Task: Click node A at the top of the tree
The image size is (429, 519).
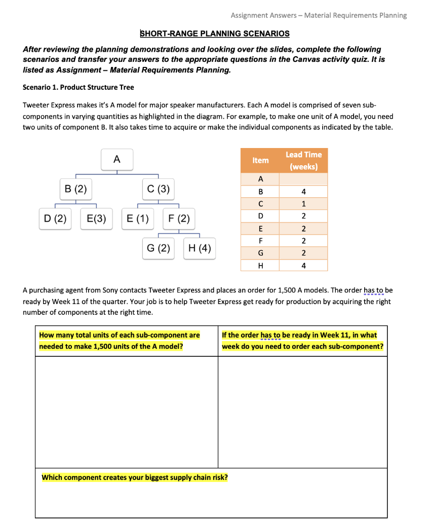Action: pos(116,159)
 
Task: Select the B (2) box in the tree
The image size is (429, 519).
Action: pos(76,190)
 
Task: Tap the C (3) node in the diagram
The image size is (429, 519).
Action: pos(159,190)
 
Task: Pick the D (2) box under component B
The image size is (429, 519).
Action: pos(55,219)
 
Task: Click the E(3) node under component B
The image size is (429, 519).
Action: pos(96,219)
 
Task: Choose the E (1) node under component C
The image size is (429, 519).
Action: pos(138,219)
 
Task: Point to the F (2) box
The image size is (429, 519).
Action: pos(179,219)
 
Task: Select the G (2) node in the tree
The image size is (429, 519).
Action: pos(159,248)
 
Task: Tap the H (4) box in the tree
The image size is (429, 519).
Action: pos(200,248)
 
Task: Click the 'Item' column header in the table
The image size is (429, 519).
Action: pos(260,160)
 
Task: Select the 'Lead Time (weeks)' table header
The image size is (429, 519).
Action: pos(303,160)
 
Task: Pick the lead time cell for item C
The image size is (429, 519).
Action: pos(303,204)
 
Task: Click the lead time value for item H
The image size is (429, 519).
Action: pos(303,265)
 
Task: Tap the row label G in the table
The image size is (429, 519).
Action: pos(260,253)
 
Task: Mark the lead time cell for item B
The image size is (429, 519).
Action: pos(303,192)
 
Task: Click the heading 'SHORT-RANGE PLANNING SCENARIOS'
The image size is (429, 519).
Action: pos(215,33)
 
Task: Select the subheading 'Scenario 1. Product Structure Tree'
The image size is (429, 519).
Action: pos(79,87)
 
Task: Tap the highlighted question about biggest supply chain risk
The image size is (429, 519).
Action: pos(135,477)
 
